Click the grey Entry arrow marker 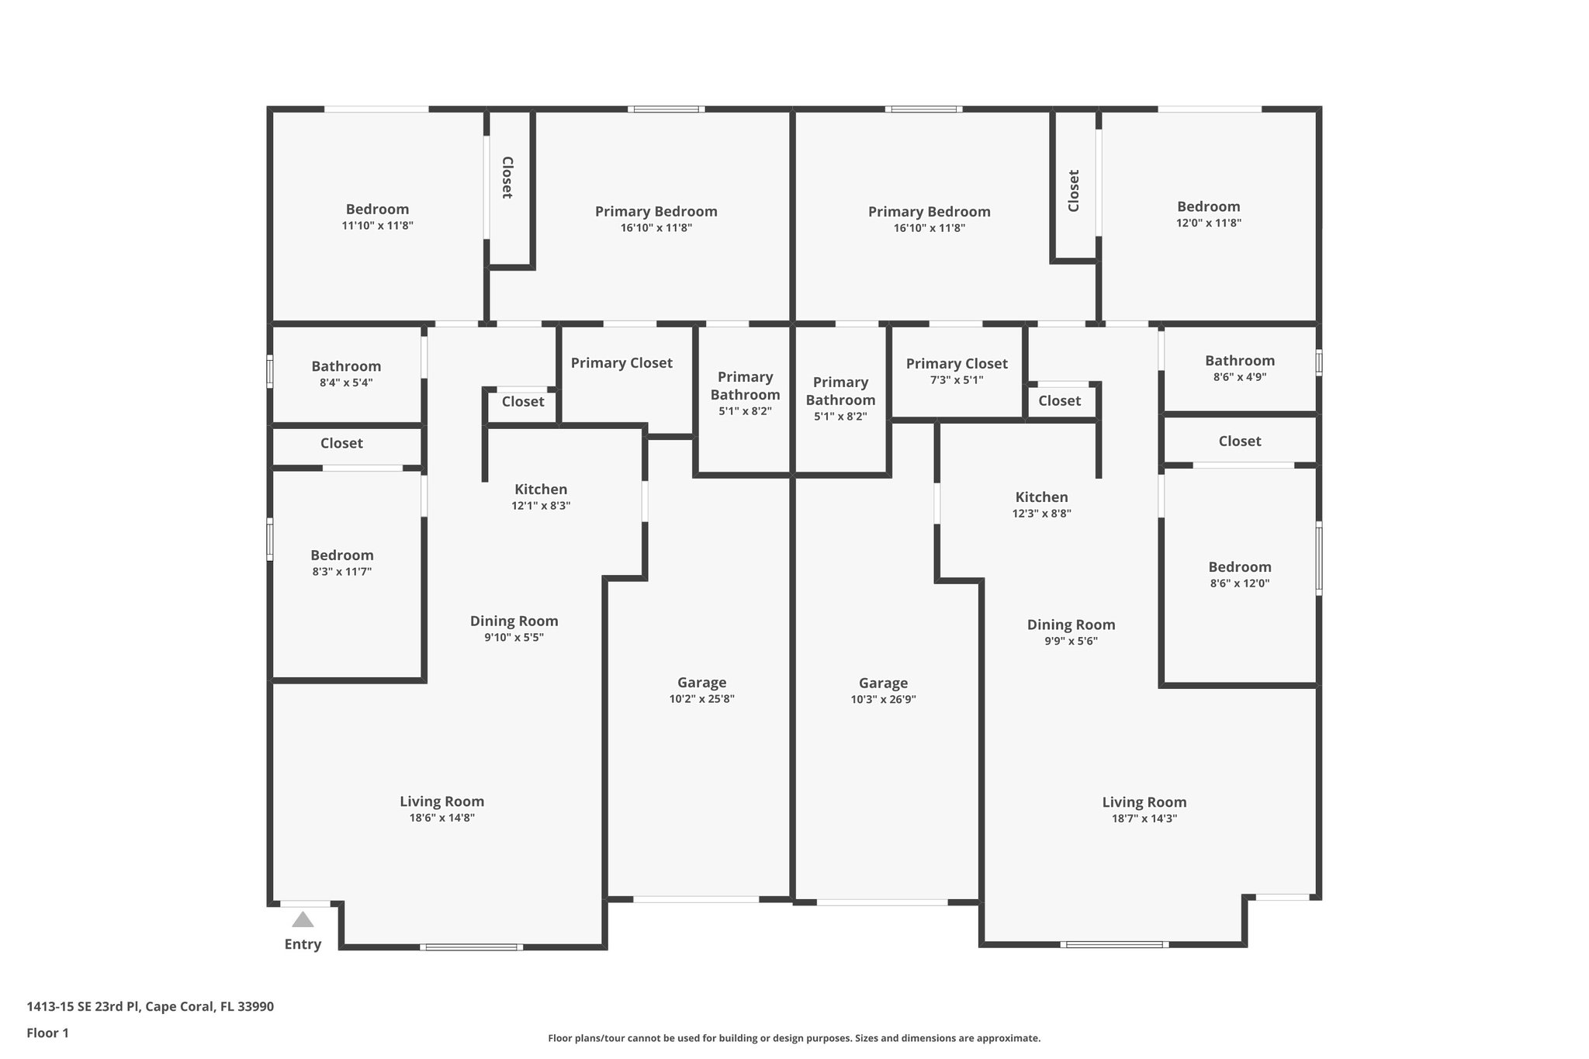click(x=303, y=919)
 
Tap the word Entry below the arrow click(x=303, y=944)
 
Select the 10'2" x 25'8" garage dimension click(x=701, y=699)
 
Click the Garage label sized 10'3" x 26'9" click(x=883, y=683)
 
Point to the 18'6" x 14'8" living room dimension click(x=441, y=818)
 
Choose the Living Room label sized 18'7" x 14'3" click(x=1144, y=802)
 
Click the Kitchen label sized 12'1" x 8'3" click(x=541, y=489)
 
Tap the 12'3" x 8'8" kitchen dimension click(x=1041, y=514)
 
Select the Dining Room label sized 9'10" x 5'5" click(x=514, y=621)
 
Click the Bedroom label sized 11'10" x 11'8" click(x=377, y=209)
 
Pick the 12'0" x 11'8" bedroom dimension click(x=1208, y=223)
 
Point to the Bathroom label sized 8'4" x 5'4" click(x=346, y=366)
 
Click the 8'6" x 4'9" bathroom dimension click(x=1239, y=377)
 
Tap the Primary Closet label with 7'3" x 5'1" click(x=957, y=363)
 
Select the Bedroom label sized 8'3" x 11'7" click(x=342, y=555)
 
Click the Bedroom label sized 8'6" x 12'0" click(x=1239, y=566)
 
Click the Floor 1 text click(x=47, y=1033)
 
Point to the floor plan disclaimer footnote click(x=794, y=1038)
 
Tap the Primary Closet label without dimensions click(x=621, y=362)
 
